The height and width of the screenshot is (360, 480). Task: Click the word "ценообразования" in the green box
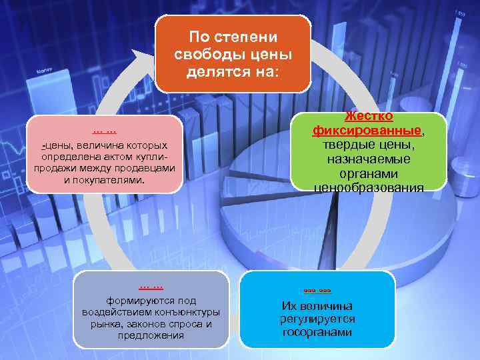click(368, 188)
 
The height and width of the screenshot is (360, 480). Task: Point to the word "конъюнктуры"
click(190, 313)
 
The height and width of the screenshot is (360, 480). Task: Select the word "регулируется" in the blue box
click(317, 319)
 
